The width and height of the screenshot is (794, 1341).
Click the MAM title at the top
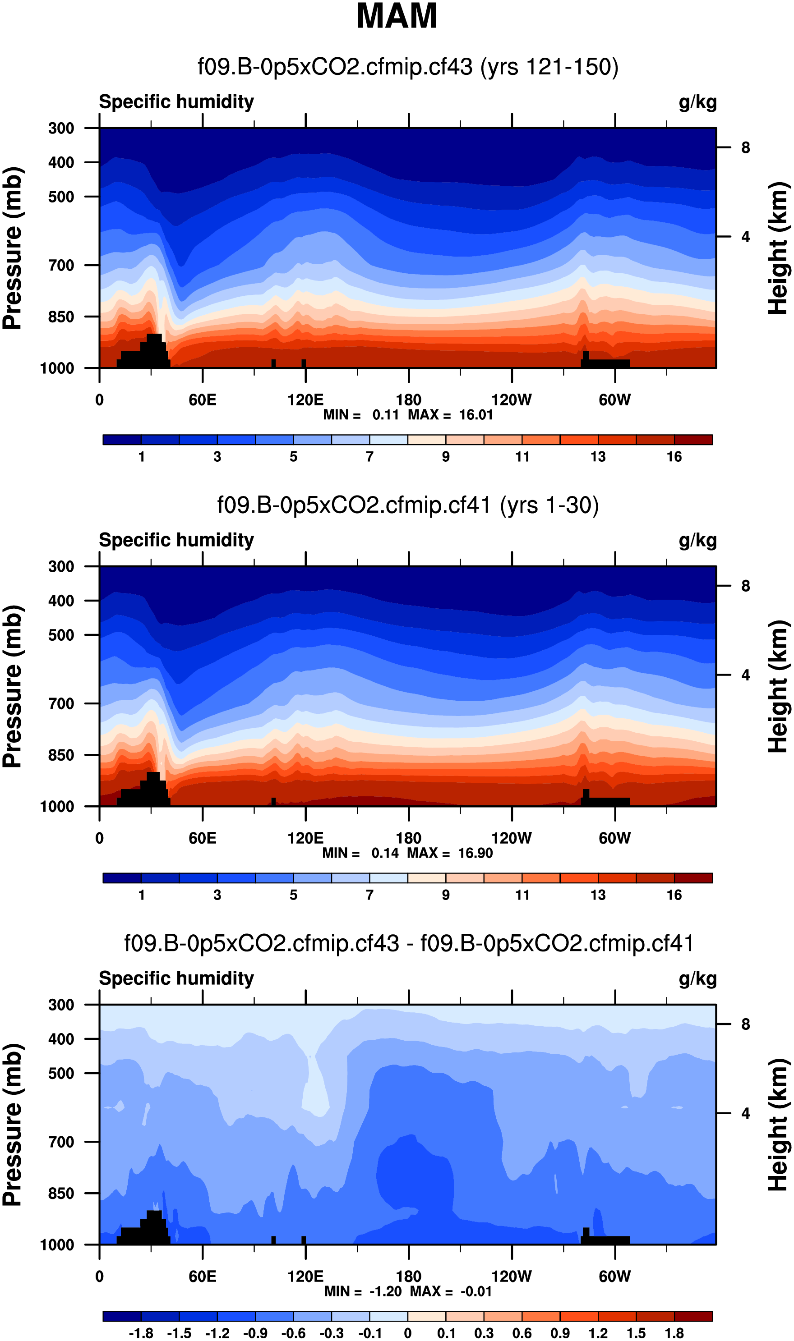tap(397, 16)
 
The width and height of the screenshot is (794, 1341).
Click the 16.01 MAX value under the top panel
tap(475, 415)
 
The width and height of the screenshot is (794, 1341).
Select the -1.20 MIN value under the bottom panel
tap(385, 1291)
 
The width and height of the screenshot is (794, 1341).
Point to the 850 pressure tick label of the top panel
tap(61, 317)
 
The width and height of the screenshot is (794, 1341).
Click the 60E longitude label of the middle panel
tap(202, 838)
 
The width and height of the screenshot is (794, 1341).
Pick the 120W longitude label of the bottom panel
tap(511, 1277)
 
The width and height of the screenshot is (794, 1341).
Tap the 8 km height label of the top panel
tap(745, 147)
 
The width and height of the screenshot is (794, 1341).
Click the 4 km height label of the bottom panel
tap(745, 1113)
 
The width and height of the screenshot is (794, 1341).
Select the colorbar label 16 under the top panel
tap(674, 457)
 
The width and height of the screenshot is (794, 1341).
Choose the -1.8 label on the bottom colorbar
tap(141, 1333)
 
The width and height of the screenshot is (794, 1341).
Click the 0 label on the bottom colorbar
tap(408, 1333)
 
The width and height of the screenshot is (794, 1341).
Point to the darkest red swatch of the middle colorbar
tap(693, 878)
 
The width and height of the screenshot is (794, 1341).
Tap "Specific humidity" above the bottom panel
tap(176, 978)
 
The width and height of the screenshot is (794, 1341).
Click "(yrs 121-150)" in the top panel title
tap(549, 67)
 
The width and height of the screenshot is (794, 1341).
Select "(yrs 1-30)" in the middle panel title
tap(549, 505)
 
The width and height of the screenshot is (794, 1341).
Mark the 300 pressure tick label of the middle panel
tap(61, 566)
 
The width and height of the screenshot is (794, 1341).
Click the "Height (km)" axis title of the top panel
tap(779, 248)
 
